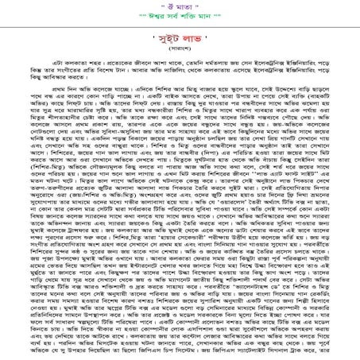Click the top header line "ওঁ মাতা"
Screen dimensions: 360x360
pyautogui.click(x=179, y=7)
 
